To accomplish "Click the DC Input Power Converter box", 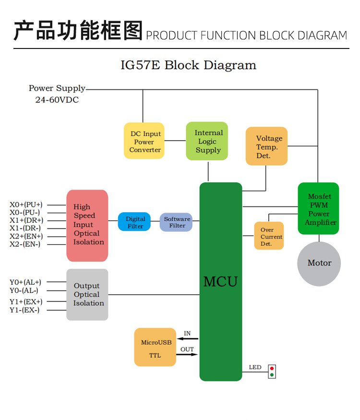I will point(144,141).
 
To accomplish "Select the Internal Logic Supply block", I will point(208,141).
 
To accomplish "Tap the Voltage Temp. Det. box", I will point(266,146).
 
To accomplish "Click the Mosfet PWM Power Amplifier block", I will point(318,209).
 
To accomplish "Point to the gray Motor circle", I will point(319,263).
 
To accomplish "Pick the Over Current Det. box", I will point(269,236).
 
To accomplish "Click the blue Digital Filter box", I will point(135,222).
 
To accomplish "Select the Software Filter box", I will point(176,222).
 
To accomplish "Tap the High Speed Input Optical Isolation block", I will point(87,225).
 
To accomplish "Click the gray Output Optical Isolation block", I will point(87,294).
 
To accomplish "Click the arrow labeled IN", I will point(188,339).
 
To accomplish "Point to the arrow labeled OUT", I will point(188,355).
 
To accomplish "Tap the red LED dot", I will point(272,369).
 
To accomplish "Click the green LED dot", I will point(272,375).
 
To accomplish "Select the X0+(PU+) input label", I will point(26,204).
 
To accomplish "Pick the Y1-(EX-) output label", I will point(25,310).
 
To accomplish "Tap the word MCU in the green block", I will point(220,281).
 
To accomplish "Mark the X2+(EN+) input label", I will point(26,236).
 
